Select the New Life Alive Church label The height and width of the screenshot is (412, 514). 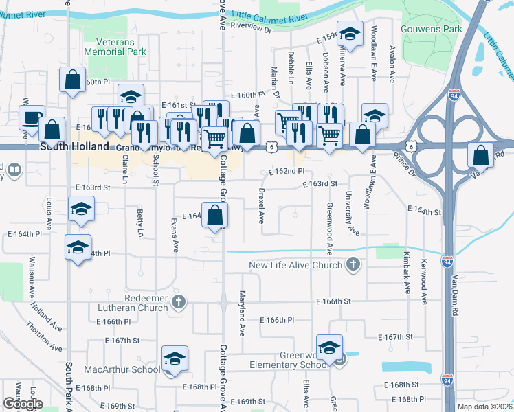(295, 265)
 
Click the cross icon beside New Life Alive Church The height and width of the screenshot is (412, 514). (353, 264)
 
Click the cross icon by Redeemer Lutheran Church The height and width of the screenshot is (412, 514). (179, 301)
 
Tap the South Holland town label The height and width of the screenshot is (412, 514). (74, 147)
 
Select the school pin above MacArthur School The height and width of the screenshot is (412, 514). (175, 359)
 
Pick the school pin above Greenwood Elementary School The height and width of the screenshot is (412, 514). (329, 347)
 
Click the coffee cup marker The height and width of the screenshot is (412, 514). (32, 117)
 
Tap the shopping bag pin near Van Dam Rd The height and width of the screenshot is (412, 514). (480, 155)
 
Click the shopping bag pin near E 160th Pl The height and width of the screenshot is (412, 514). (72, 80)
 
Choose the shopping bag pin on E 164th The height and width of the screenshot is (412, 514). (215, 215)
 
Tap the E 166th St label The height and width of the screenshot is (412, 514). (334, 301)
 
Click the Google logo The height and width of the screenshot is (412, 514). (23, 403)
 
